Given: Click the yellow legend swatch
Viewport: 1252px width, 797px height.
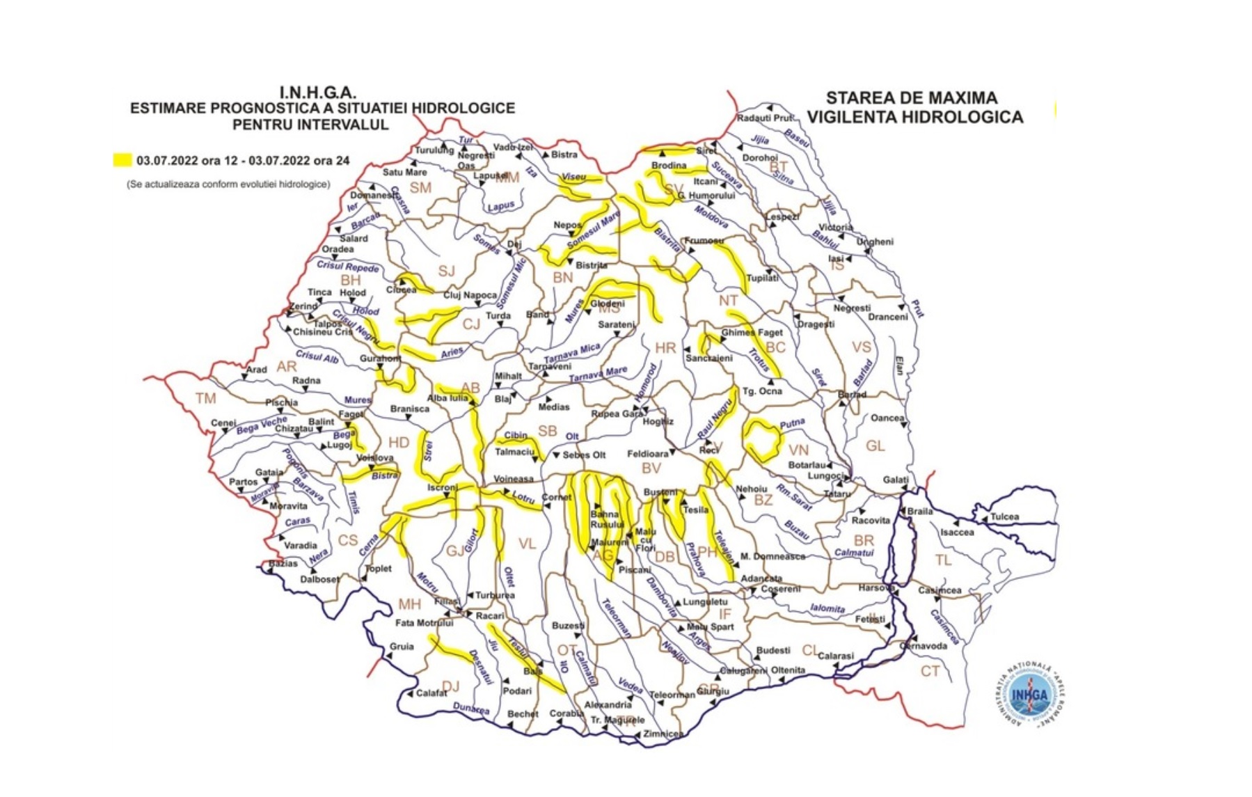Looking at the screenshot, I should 122,160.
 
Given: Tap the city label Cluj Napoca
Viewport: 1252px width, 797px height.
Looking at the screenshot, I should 470,295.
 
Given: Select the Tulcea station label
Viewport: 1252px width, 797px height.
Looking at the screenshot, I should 1004,516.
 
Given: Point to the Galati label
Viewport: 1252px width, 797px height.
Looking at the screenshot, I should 896,480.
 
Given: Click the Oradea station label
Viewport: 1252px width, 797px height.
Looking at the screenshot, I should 338,249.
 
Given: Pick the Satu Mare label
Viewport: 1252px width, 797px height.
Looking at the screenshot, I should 404,172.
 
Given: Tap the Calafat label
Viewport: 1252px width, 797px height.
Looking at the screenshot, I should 431,693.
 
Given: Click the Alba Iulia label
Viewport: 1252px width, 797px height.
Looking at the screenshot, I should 447,398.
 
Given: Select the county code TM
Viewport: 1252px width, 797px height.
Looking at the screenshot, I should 205,398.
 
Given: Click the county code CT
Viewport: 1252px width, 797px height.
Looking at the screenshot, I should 930,671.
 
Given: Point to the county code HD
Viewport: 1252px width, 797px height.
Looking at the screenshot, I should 399,443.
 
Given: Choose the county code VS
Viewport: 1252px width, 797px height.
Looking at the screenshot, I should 861,347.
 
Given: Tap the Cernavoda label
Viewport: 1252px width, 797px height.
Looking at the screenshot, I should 923,645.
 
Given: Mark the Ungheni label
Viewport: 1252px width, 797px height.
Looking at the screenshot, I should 875,242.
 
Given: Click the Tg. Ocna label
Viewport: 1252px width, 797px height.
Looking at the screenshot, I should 762,391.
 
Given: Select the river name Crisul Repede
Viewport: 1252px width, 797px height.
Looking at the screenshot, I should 348,267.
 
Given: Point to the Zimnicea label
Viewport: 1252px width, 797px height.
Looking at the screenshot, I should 663,734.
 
